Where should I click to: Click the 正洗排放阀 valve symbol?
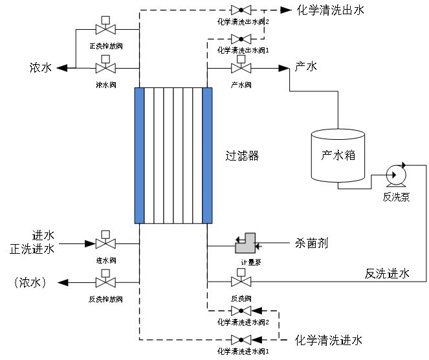104,30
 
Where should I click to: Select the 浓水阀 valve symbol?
104,67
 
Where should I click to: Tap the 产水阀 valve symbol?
241,67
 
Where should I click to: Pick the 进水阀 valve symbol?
104,243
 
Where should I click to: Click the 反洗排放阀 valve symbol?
104,282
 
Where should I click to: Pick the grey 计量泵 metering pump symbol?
245,243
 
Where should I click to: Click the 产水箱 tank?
337,155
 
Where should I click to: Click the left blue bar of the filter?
138,155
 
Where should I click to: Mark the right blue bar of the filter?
208,155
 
